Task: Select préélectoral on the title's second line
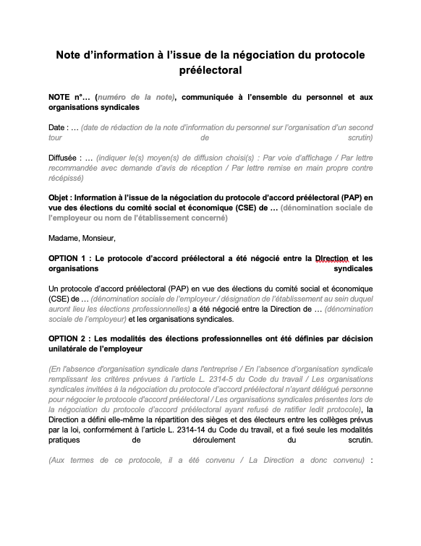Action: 210,71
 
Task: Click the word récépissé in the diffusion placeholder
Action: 66,177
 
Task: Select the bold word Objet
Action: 61,197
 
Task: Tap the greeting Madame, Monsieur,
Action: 82,237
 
